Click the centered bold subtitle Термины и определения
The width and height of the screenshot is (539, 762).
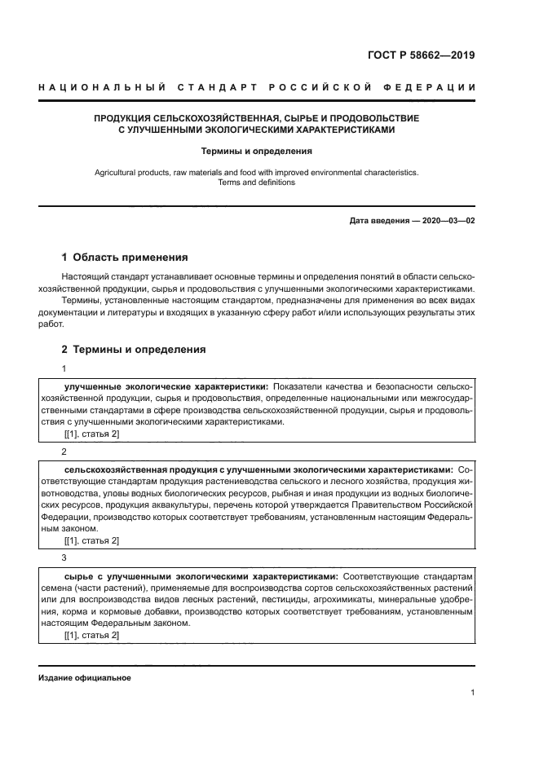pyautogui.click(x=256, y=151)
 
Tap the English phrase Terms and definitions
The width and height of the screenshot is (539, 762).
pyautogui.click(x=256, y=183)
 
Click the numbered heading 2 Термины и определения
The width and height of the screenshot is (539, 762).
pyautogui.click(x=134, y=349)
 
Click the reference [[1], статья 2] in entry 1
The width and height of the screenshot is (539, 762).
pyautogui.click(x=91, y=434)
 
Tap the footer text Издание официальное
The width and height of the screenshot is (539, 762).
pyautogui.click(x=84, y=678)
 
